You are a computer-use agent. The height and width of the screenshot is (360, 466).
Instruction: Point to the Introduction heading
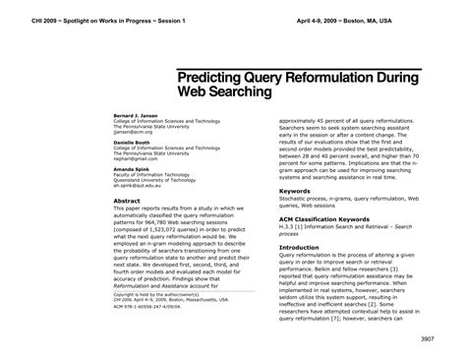click(301, 248)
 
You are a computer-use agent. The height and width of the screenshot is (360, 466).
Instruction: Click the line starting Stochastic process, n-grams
click(349, 200)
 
